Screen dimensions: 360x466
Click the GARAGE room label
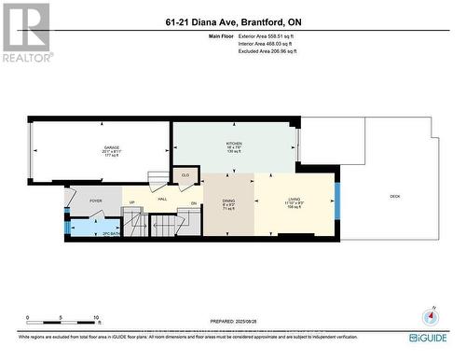(x=112, y=148)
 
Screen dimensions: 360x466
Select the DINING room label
(x=228, y=201)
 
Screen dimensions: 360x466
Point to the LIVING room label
(x=294, y=201)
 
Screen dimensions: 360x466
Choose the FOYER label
(x=95, y=201)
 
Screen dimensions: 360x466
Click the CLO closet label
(x=185, y=174)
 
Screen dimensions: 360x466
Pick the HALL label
(x=161, y=201)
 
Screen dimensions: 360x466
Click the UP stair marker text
(x=131, y=202)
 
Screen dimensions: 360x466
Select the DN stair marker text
(x=194, y=202)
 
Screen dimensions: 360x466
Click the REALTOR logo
(x=25, y=33)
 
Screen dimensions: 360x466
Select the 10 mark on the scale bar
(x=96, y=317)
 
